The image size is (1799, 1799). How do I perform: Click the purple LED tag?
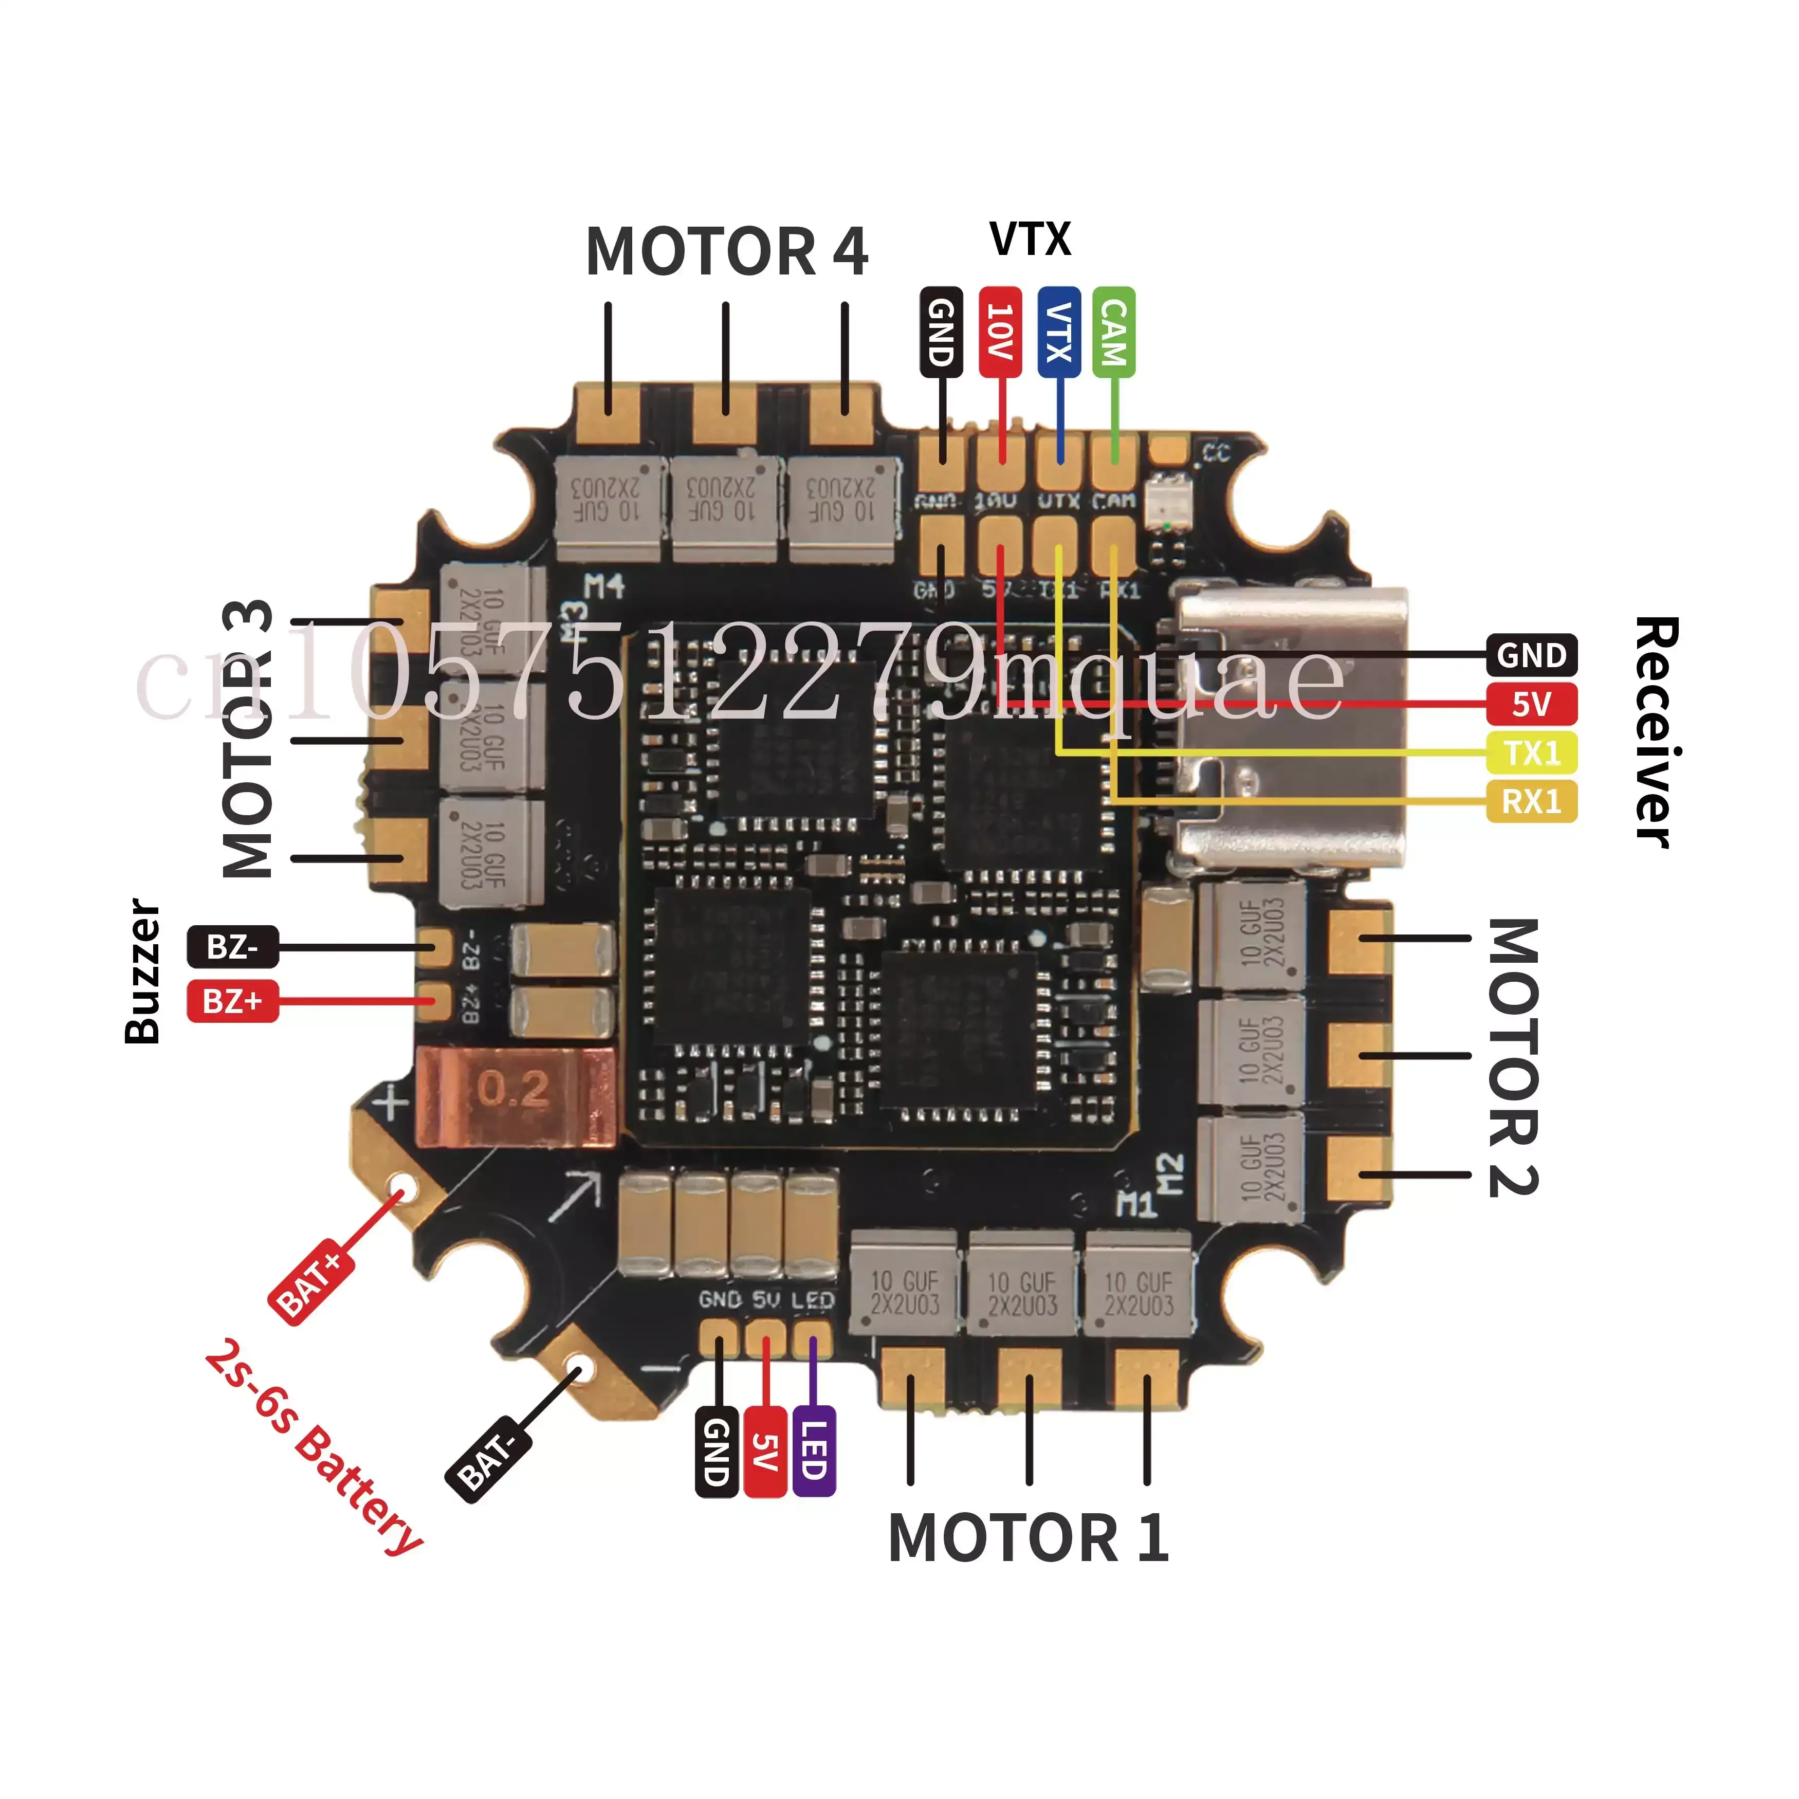point(813,1453)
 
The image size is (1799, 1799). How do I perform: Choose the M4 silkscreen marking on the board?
point(604,586)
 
